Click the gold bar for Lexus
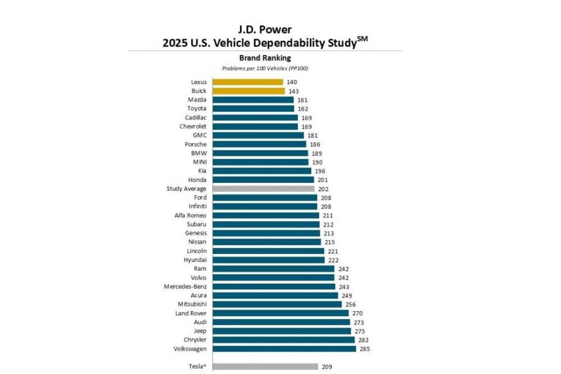tap(247, 82)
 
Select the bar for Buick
tap(249, 91)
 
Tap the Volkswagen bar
tap(284, 349)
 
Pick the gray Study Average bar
tap(263, 189)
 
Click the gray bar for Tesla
tap(265, 367)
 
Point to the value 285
tap(365, 349)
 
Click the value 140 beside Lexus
tap(292, 82)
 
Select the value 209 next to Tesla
tap(327, 367)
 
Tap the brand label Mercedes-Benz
tap(185, 287)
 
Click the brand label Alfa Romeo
tap(190, 215)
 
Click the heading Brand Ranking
tap(265, 58)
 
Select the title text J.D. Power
tap(265, 29)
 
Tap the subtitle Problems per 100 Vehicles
tap(265, 68)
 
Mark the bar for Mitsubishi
tap(277, 304)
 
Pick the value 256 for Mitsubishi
tap(351, 304)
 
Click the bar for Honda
tap(263, 180)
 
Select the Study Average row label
tap(186, 189)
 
